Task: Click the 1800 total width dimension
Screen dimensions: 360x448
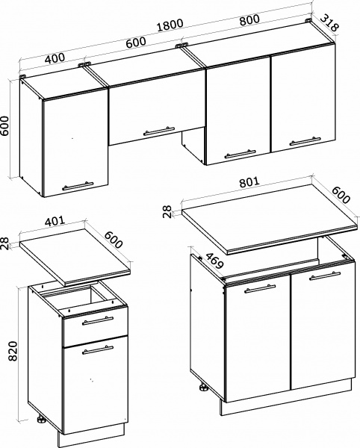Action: [170, 25]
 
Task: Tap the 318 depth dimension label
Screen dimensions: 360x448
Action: [329, 23]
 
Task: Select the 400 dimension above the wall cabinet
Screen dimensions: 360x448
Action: [55, 58]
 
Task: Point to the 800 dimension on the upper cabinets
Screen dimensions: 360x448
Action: [249, 20]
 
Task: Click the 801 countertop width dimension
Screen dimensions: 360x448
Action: [249, 182]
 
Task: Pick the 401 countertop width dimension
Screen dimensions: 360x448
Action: [55, 221]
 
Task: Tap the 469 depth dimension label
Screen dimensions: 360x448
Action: [214, 261]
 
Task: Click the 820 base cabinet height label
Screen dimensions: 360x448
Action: [13, 351]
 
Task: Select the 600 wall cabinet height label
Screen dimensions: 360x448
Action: [5, 126]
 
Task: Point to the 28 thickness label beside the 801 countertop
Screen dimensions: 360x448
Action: [167, 212]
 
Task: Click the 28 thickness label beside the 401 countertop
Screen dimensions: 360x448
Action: [5, 243]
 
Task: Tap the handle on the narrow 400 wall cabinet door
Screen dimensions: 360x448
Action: [78, 186]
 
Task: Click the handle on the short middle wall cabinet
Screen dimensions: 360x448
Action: [159, 131]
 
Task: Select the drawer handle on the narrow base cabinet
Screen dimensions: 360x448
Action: [98, 321]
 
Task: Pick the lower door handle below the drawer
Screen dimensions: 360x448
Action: [98, 350]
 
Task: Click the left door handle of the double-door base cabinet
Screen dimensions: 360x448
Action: [260, 289]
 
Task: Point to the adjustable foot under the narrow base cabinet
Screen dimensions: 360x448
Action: [41, 419]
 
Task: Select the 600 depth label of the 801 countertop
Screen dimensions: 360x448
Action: [341, 195]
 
